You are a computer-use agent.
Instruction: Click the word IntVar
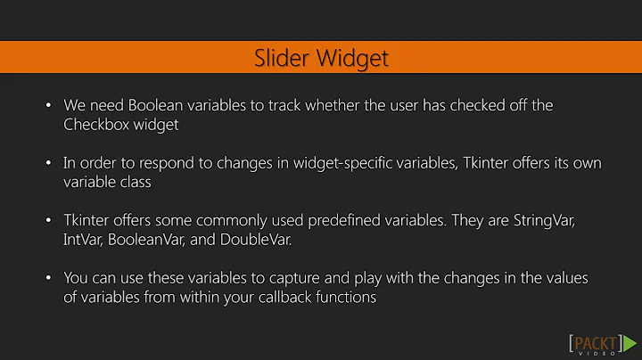tap(83, 240)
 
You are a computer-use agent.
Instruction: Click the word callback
tap(273, 298)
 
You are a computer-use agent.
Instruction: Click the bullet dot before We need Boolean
tap(48, 106)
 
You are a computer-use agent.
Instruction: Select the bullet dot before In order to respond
tap(48, 163)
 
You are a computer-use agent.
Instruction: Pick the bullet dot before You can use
tap(48, 278)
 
